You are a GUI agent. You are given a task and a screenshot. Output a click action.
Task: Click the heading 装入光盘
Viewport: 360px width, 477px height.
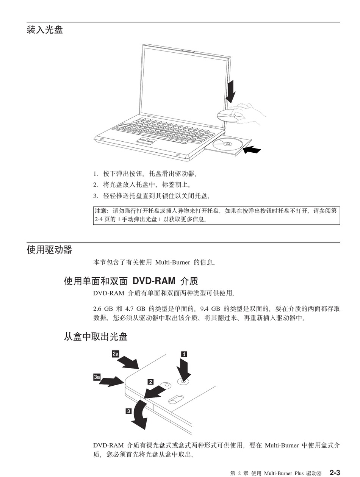45,30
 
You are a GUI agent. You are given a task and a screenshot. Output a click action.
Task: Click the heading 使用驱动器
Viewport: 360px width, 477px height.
49,250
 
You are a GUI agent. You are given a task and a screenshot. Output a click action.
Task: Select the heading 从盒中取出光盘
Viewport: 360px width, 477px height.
95,336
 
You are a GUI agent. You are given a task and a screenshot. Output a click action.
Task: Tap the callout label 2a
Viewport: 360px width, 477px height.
116,354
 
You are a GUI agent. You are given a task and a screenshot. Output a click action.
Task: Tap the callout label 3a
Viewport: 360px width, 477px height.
97,377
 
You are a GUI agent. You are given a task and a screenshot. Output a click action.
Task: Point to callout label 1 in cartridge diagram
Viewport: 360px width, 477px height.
184,354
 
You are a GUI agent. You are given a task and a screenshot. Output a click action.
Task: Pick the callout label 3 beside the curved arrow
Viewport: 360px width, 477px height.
129,411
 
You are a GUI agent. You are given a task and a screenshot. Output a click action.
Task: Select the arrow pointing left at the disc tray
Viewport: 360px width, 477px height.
252,150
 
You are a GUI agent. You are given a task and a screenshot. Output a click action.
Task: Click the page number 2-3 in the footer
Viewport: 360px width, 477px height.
335,472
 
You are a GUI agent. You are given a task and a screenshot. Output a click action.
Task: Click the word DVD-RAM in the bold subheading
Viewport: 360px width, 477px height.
154,281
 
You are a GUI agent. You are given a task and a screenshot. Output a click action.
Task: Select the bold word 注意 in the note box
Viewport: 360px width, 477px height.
101,211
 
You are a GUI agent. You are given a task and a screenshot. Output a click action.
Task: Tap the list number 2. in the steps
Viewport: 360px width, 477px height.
95,185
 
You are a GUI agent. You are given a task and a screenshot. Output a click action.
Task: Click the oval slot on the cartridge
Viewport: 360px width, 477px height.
175,399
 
